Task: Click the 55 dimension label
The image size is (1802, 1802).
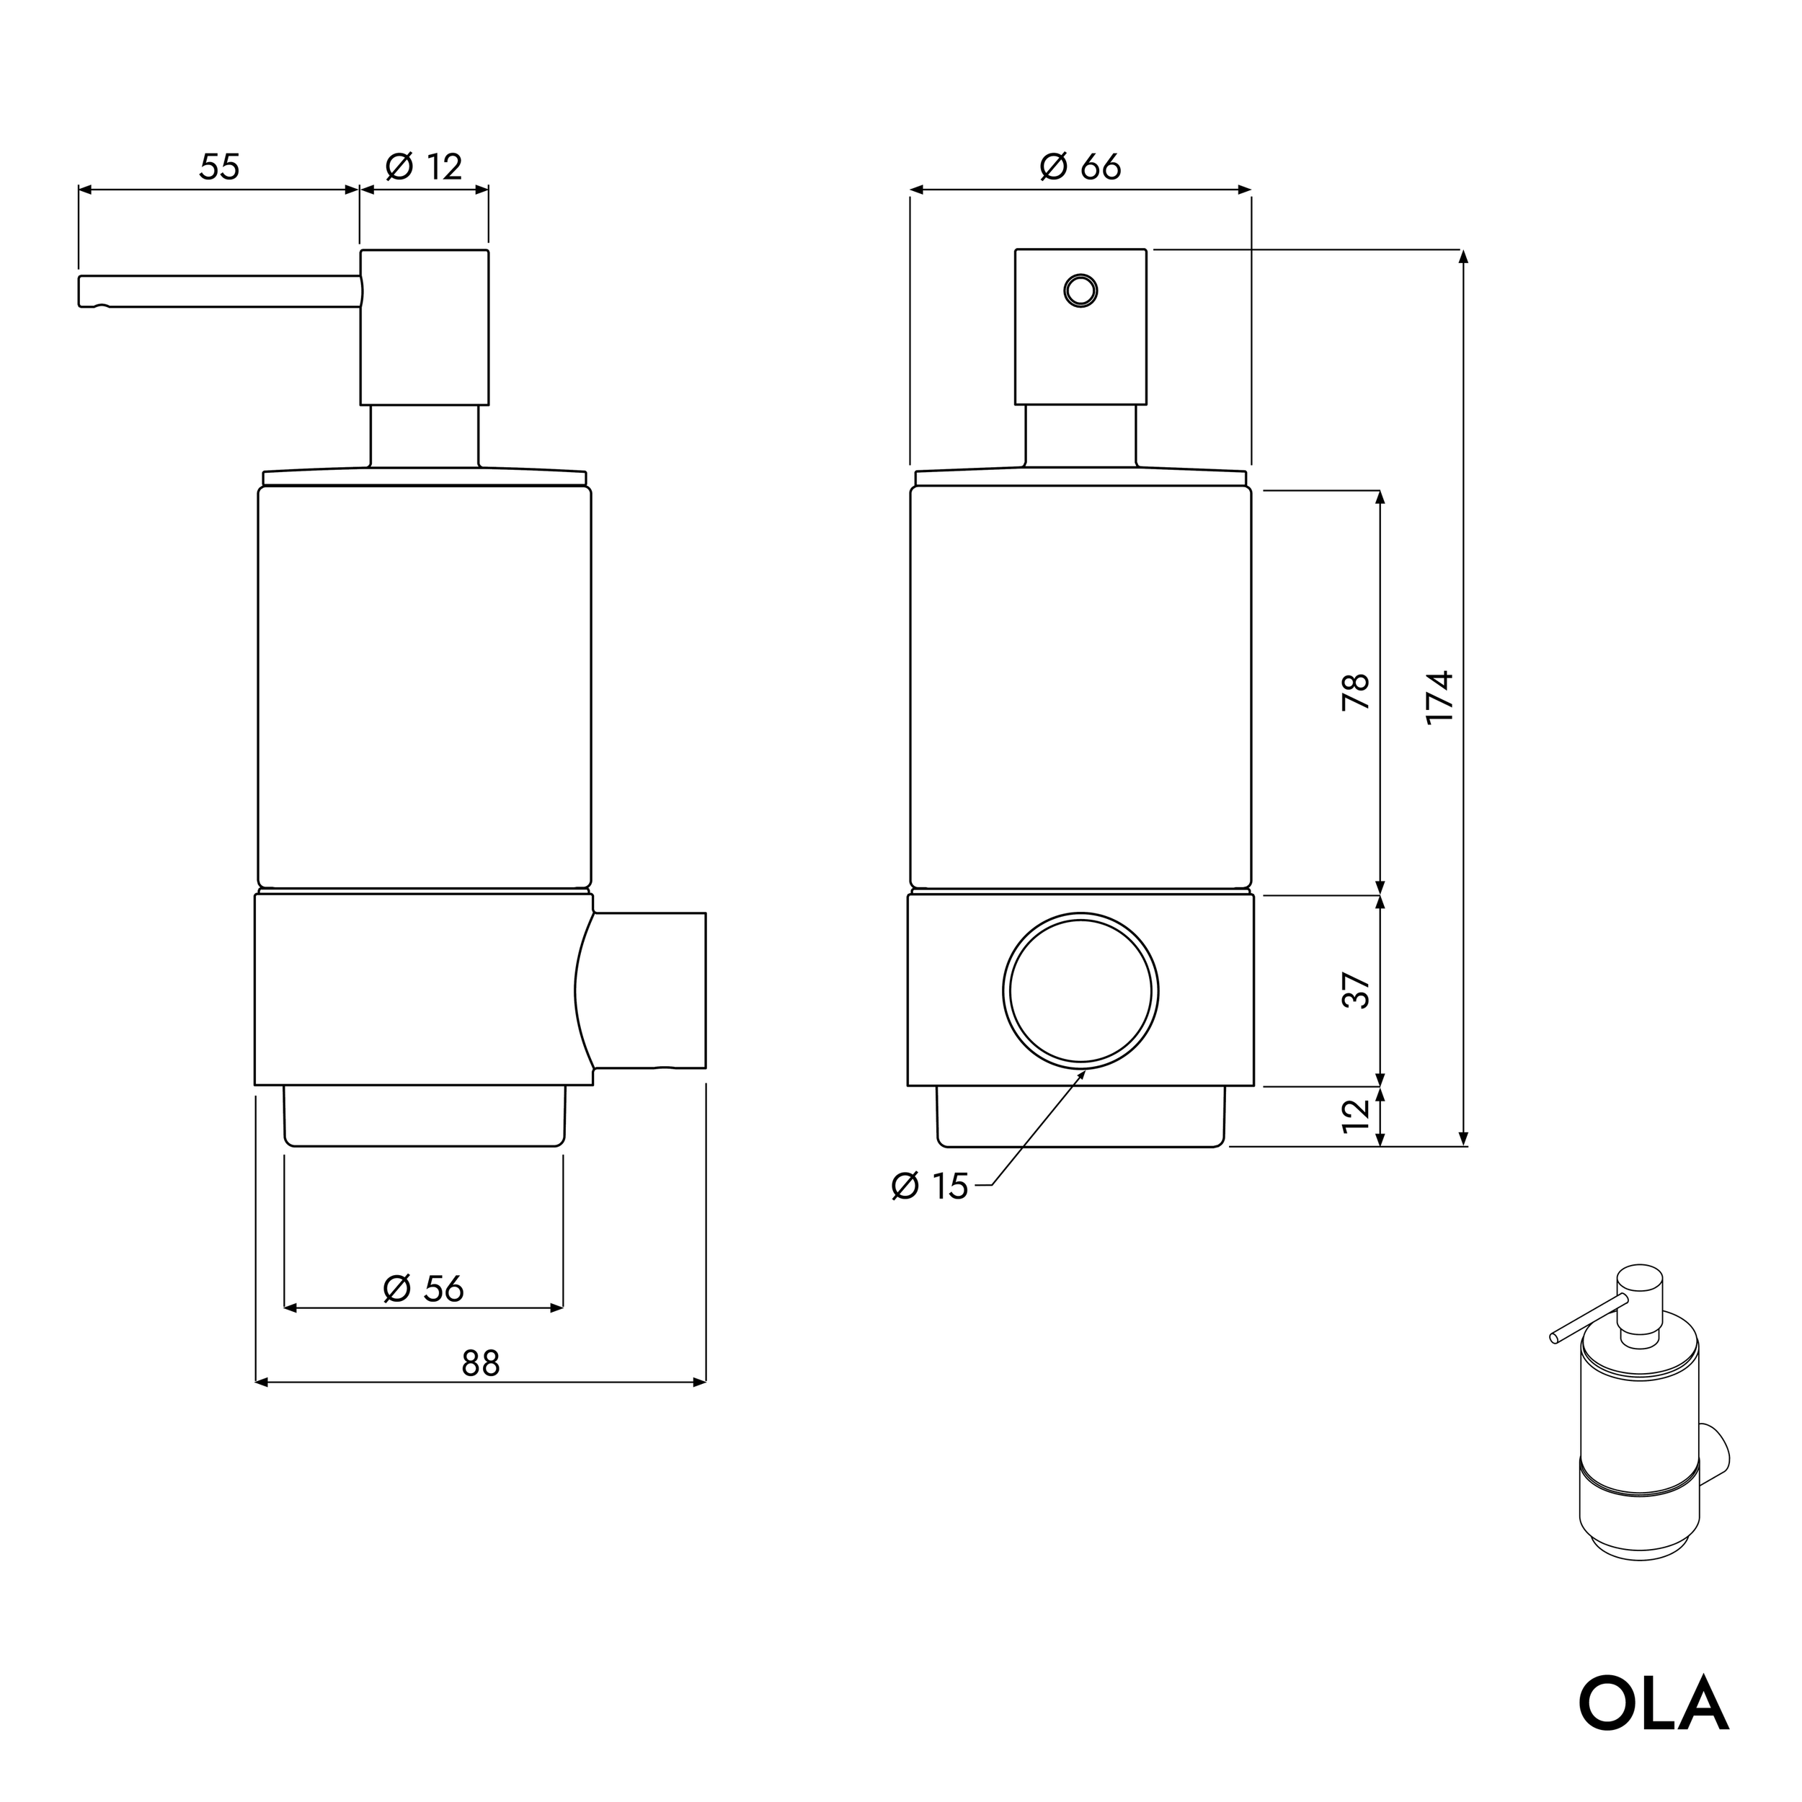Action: click(x=219, y=167)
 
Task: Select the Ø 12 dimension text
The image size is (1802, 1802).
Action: click(x=425, y=167)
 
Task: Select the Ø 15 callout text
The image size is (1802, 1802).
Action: click(x=930, y=1186)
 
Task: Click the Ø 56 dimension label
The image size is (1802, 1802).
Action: click(x=423, y=1288)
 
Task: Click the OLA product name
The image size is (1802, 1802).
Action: click(x=1653, y=1704)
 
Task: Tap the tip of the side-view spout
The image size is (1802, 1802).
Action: click(x=84, y=291)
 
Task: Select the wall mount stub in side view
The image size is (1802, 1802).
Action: click(x=650, y=990)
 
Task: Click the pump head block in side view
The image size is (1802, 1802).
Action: click(x=425, y=327)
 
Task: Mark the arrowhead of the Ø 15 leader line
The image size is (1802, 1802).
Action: click(x=1084, y=1073)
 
